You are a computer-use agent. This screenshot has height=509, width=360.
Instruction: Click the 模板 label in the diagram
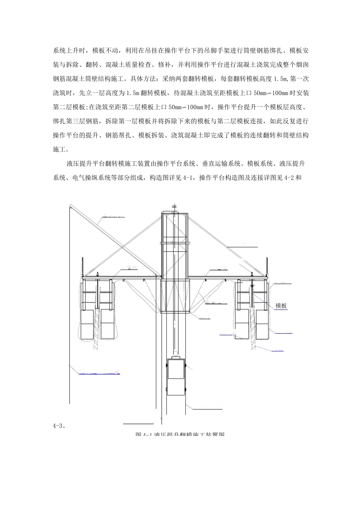click(281, 306)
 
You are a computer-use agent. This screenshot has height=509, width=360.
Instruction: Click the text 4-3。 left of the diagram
click(59, 425)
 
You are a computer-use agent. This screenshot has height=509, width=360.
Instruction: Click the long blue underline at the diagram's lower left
click(99, 374)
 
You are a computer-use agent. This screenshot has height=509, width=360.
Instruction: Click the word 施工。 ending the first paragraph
click(61, 148)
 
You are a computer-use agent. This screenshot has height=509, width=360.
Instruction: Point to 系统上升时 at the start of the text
click(69, 50)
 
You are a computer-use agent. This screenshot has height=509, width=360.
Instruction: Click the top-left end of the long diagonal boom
click(70, 206)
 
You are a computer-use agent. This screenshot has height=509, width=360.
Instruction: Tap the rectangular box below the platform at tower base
click(175, 297)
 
